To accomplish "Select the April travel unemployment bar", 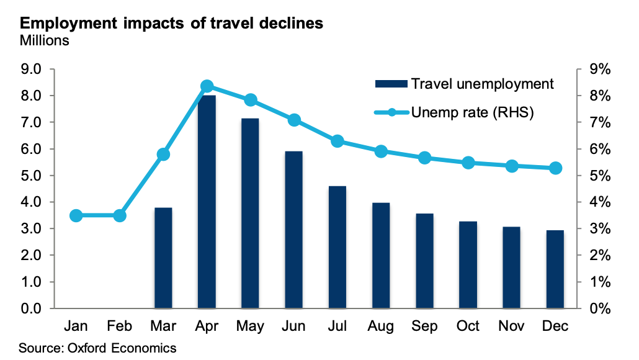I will pyautogui.click(x=207, y=202).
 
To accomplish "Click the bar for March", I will pyautogui.click(x=163, y=258).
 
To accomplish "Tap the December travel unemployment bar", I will pyautogui.click(x=556, y=269).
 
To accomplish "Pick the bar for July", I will pyautogui.click(x=337, y=247).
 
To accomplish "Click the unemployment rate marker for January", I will pyautogui.click(x=76, y=215).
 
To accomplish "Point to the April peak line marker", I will pyautogui.click(x=207, y=86).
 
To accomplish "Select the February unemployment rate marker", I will pyautogui.click(x=120, y=215).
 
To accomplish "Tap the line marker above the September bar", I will pyautogui.click(x=425, y=158).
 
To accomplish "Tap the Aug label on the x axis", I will pyautogui.click(x=382, y=326).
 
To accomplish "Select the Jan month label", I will pyautogui.click(x=76, y=326).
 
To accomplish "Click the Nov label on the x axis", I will pyautogui.click(x=512, y=326).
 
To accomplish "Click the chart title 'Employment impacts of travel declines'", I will pyautogui.click(x=171, y=24).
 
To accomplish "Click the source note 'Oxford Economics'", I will pyautogui.click(x=97, y=348).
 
